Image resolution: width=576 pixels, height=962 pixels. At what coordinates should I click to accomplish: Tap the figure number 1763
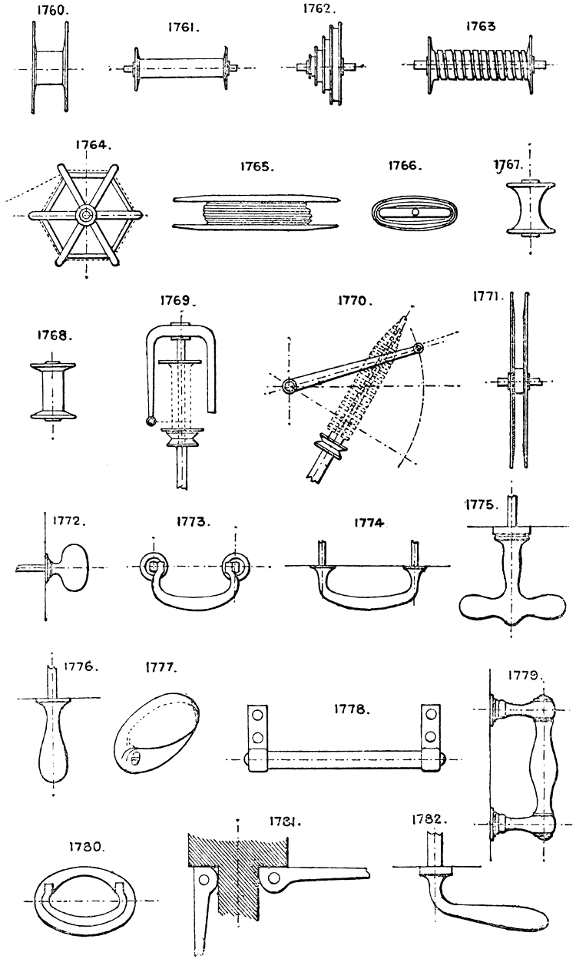pos(481,25)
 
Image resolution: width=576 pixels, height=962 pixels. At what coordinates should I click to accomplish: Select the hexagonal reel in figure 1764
pos(86,215)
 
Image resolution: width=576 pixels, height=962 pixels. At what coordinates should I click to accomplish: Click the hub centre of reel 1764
pos(86,215)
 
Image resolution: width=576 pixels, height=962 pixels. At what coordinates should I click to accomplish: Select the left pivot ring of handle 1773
pos(154,567)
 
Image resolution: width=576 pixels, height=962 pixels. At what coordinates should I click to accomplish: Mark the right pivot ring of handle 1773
pos(233,567)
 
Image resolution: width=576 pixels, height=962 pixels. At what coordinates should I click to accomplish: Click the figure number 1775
pos(483,504)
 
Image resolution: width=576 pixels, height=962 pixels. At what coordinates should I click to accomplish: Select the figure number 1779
pos(526,676)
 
